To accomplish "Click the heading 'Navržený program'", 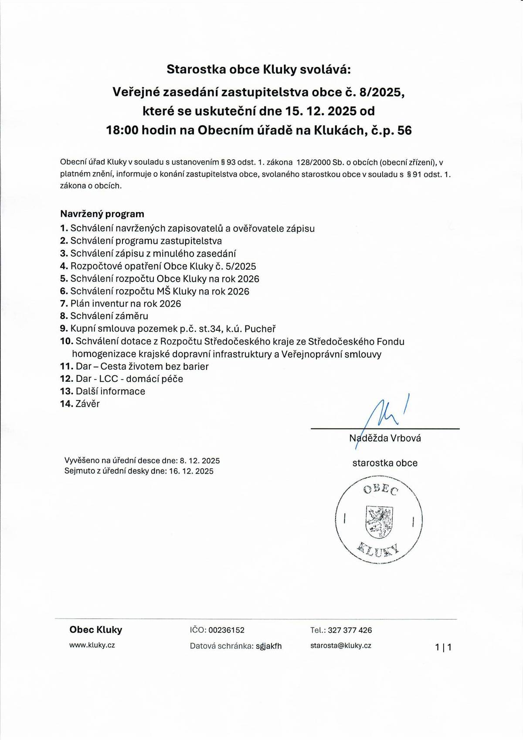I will pyautogui.click(x=102, y=214).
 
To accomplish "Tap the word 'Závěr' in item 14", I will pyautogui.click(x=88, y=404).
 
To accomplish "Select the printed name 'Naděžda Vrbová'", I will pyautogui.click(x=385, y=439).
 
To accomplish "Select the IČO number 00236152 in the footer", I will pyautogui.click(x=226, y=630).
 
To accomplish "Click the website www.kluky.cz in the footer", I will pyautogui.click(x=92, y=645).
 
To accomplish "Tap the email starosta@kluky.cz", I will pyautogui.click(x=341, y=645).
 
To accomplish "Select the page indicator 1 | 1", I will pyautogui.click(x=443, y=647).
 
